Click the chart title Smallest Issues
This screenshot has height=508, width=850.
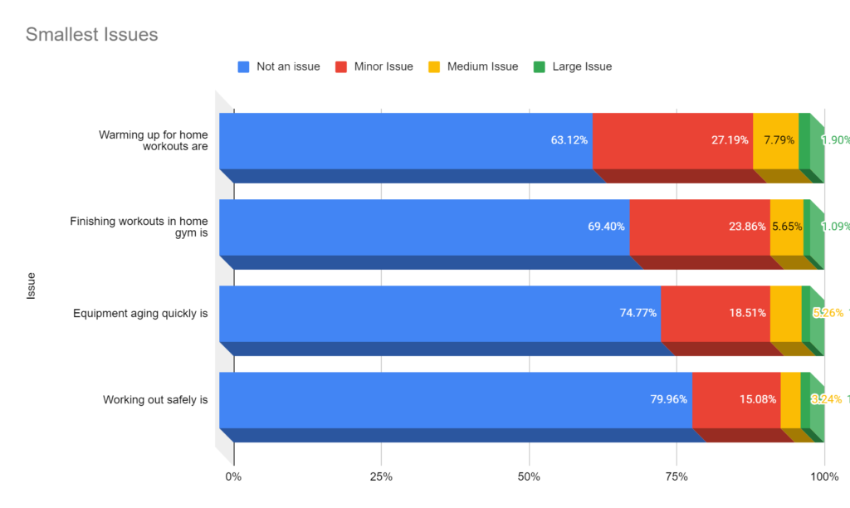pyautogui.click(x=91, y=35)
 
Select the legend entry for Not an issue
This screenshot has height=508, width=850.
pyautogui.click(x=287, y=66)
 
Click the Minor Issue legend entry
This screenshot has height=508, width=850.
pyautogui.click(x=383, y=66)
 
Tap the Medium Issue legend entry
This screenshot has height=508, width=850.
pyautogui.click(x=481, y=66)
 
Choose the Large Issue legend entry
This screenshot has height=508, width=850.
pyautogui.click(x=581, y=66)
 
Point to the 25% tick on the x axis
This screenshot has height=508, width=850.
pyautogui.click(x=381, y=476)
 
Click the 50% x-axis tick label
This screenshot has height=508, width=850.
pyautogui.click(x=529, y=476)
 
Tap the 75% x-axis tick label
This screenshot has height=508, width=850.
pyautogui.click(x=677, y=476)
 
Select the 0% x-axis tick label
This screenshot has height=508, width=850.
pyautogui.click(x=234, y=476)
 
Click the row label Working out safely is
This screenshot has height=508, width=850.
pyautogui.click(x=155, y=399)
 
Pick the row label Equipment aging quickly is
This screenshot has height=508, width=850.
pyautogui.click(x=140, y=313)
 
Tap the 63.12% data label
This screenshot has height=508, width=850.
pyautogui.click(x=569, y=140)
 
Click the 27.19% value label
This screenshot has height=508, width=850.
pyautogui.click(x=730, y=140)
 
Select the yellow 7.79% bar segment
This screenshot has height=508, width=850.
pyautogui.click(x=775, y=140)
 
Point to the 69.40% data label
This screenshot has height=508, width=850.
pyautogui.click(x=606, y=227)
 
